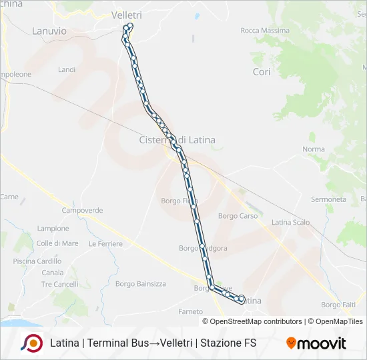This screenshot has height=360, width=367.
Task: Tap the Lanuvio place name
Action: pyautogui.click(x=49, y=31)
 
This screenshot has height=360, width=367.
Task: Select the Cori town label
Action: pyautogui.click(x=262, y=72)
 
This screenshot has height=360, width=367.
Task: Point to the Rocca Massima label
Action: pyautogui.click(x=265, y=31)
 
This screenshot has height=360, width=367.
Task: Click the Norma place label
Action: pyautogui.click(x=313, y=150)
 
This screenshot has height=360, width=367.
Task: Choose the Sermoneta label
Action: pyautogui.click(x=328, y=199)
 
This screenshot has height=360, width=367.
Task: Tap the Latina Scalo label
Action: pyautogui.click(x=291, y=223)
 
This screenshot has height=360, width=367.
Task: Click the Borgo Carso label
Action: pyautogui.click(x=238, y=216)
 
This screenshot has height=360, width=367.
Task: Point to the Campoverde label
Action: pyautogui.click(x=82, y=210)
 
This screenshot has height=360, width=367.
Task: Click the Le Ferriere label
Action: pyautogui.click(x=105, y=244)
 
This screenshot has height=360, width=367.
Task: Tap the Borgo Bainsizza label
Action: pyautogui.click(x=141, y=284)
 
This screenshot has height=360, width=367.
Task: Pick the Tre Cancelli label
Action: pyautogui.click(x=59, y=284)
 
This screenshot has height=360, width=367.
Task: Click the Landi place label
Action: pyautogui.click(x=67, y=69)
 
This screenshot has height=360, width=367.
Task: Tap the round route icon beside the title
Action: pyautogui.click(x=32, y=343)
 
